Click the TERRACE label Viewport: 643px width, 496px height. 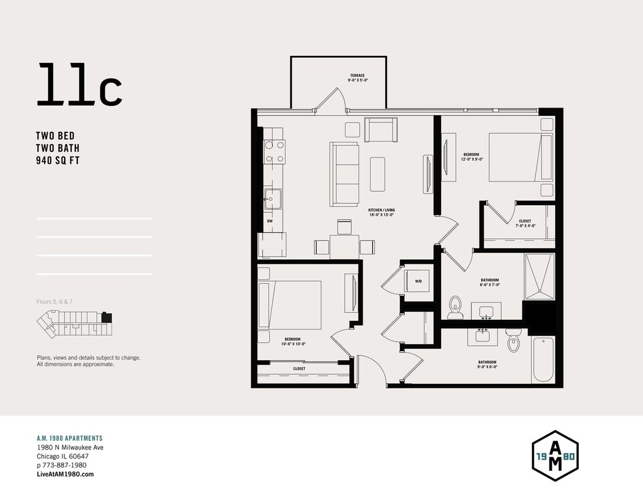pos(357,76)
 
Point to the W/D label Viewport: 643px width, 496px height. pos(418,281)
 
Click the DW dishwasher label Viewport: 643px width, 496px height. pos(269,222)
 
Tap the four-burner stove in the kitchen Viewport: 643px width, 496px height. pos(274,151)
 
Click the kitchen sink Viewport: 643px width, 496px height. pos(272,199)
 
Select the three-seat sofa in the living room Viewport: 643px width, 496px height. pos(345,174)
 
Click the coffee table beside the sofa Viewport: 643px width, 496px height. pos(377,174)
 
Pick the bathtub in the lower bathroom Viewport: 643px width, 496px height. pos(543,360)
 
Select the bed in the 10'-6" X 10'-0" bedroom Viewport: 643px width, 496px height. pos(290,304)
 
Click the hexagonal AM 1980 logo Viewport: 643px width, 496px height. pos(555,456)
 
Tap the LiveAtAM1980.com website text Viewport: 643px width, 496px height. pos(65,474)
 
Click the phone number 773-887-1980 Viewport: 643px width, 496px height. pos(65,465)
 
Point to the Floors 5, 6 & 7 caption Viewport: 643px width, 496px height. pos(54,302)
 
